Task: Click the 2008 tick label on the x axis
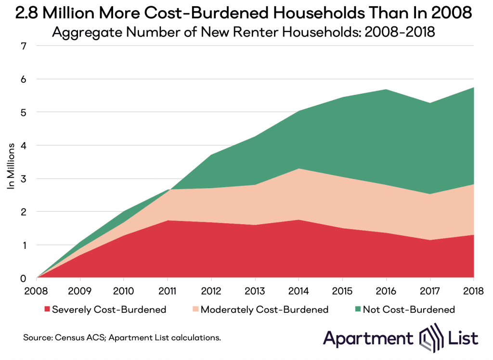37,291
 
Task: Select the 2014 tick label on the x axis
299,291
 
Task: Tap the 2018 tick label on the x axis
473,291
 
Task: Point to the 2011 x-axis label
168,291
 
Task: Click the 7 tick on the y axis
23,46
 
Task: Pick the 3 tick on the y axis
23,179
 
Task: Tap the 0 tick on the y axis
23,278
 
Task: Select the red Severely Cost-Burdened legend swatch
46,309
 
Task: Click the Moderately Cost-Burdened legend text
264,309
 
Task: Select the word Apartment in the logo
368,337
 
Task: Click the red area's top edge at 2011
168,220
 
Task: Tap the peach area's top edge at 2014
299,168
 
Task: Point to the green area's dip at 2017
430,103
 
